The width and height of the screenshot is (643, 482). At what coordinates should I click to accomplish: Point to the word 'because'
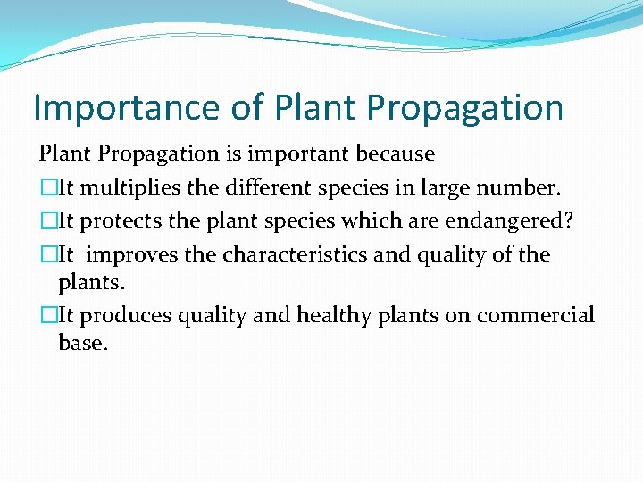395,154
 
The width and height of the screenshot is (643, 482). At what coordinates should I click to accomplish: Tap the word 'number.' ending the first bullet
523,187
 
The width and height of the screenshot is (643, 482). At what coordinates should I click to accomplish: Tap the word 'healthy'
336,315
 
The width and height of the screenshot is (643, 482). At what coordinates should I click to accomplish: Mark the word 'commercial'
535,315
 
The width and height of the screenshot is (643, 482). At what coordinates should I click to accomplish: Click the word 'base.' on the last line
82,344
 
